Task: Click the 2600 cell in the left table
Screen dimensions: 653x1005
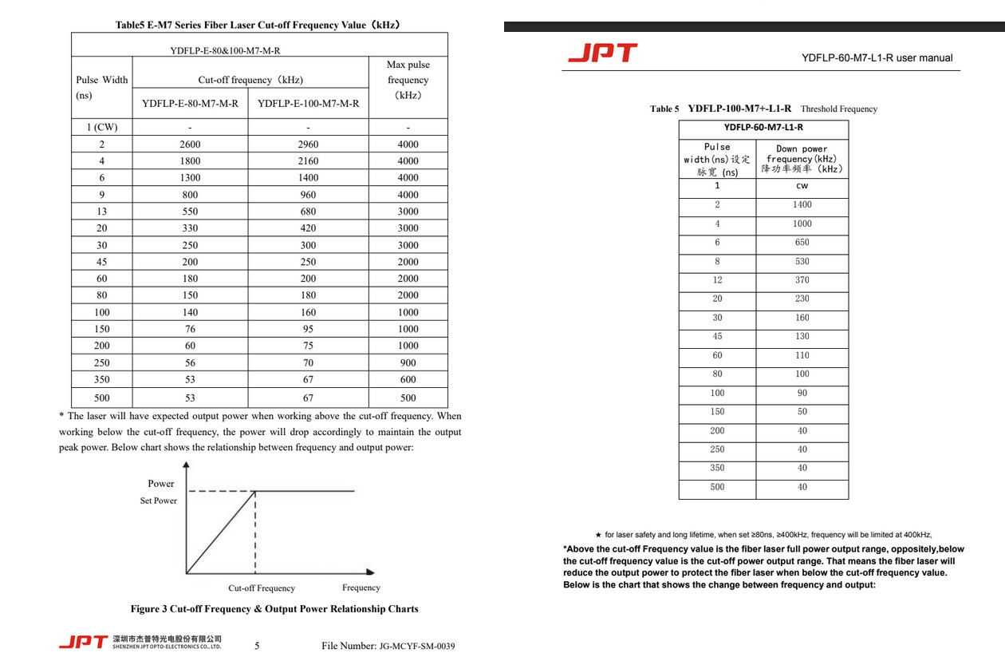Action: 190,144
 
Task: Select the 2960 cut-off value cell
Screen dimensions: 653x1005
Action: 308,144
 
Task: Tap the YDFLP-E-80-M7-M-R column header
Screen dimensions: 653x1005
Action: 190,103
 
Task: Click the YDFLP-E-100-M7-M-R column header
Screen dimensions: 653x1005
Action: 308,103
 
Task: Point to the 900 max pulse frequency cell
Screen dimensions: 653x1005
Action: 408,362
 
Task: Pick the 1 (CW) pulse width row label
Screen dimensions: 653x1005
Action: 102,127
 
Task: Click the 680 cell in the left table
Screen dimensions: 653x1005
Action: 308,212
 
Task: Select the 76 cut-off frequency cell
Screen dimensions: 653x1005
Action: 190,329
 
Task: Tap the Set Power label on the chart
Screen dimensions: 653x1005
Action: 159,501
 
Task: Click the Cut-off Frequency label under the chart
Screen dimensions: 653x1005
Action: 262,588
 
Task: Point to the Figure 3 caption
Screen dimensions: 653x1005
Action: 274,608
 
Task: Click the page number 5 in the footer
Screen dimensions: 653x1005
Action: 257,645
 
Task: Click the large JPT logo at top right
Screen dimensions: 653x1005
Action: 603,53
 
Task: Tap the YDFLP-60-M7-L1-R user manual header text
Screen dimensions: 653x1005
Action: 877,57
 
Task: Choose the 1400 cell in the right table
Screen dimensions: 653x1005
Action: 802,205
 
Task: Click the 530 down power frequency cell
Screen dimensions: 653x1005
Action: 802,261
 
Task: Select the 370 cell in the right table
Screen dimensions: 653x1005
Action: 802,280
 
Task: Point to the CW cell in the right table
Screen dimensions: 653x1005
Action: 802,186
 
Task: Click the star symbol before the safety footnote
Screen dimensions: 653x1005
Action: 598,535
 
